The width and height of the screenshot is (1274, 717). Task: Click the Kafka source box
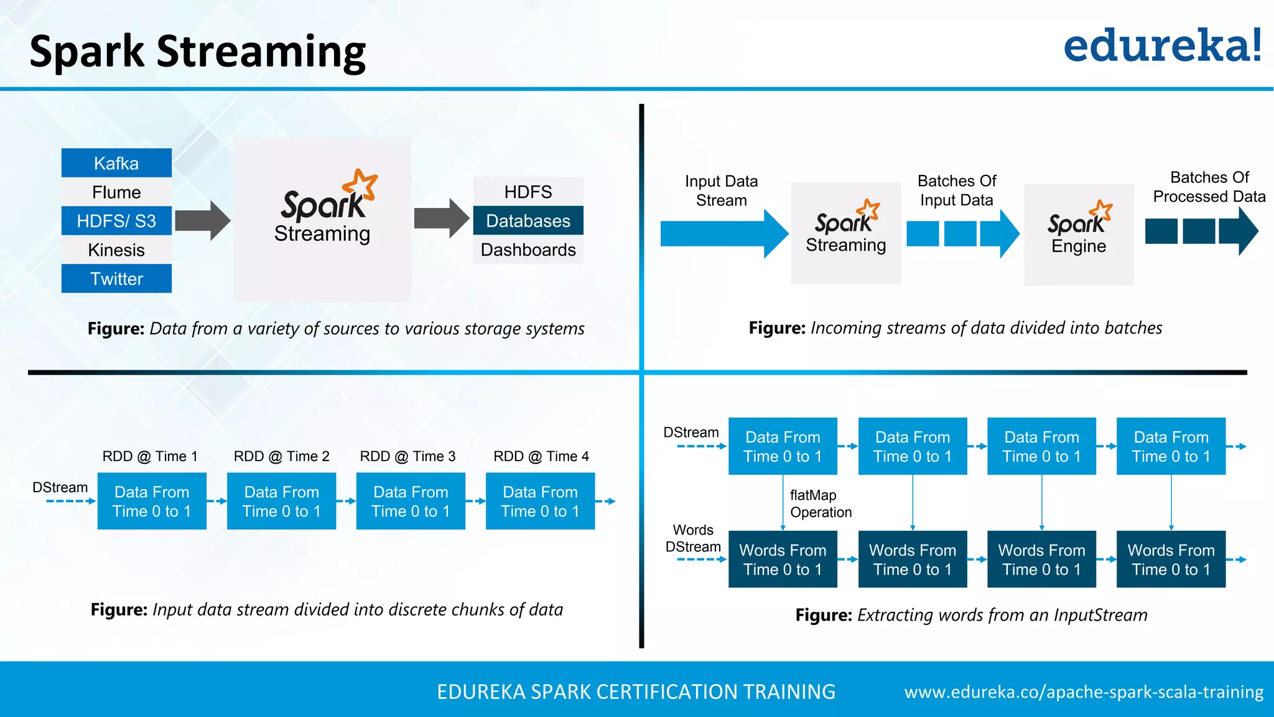pos(116,163)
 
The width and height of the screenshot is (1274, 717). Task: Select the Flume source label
pos(116,192)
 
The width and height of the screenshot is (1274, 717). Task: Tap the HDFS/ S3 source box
pos(116,221)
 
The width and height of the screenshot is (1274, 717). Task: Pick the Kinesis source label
pos(116,250)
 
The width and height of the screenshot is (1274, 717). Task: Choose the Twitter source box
pos(116,279)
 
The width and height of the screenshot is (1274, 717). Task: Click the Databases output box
pos(528,221)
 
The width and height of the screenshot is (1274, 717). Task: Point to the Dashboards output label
pos(528,250)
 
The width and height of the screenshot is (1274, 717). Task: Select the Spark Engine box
pos(1079,234)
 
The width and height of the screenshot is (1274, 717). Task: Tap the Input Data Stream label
pos(721,190)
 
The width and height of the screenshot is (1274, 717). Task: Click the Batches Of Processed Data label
pos(1209,187)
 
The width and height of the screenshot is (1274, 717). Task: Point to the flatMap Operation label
pos(820,504)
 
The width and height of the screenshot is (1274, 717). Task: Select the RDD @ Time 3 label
pos(407,456)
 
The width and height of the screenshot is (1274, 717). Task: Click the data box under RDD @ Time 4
pos(540,501)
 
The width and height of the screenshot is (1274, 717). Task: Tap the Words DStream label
pos(693,538)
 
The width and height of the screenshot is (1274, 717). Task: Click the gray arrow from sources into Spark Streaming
pos(202,220)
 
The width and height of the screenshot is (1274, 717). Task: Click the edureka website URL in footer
pos(1084,692)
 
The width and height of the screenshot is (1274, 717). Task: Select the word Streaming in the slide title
pos(261,52)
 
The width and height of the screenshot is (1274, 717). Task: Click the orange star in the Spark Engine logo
pos(1102,211)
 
